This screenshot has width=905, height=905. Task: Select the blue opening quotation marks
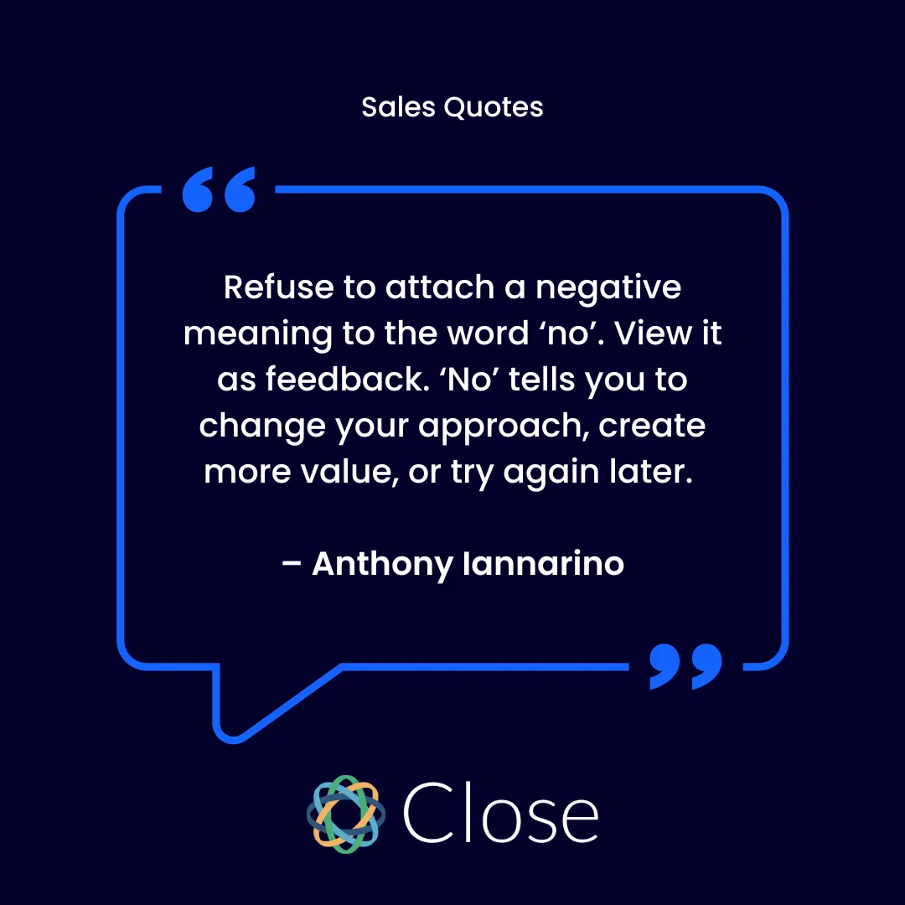219,190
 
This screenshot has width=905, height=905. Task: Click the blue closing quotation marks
685,667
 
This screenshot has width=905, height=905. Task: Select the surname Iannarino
543,564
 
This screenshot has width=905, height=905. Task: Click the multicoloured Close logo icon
345,814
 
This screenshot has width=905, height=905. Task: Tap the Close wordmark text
500,813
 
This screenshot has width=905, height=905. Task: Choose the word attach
440,288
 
